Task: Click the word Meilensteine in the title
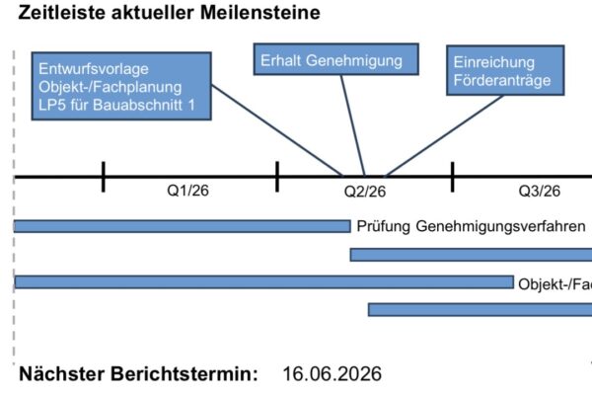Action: click(260, 13)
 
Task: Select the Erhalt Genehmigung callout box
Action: click(336, 59)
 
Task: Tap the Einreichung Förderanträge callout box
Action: click(505, 70)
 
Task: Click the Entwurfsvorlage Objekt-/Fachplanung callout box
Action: click(121, 86)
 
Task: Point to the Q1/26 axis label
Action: click(187, 191)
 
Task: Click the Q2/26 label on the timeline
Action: click(365, 192)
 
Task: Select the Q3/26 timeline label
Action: click(539, 191)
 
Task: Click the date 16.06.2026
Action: click(332, 374)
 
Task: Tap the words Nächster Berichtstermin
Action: click(138, 374)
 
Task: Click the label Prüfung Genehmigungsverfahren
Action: click(472, 226)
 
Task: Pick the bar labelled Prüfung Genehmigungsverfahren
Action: click(182, 226)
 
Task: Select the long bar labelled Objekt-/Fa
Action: click(263, 282)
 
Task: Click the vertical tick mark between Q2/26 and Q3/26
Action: click(452, 177)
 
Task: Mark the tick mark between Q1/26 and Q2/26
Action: click(277, 177)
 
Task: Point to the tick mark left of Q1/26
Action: click(103, 177)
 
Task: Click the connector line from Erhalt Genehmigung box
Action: click(353, 125)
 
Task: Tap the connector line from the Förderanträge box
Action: click(444, 136)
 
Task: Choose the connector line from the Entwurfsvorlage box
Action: click(277, 130)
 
